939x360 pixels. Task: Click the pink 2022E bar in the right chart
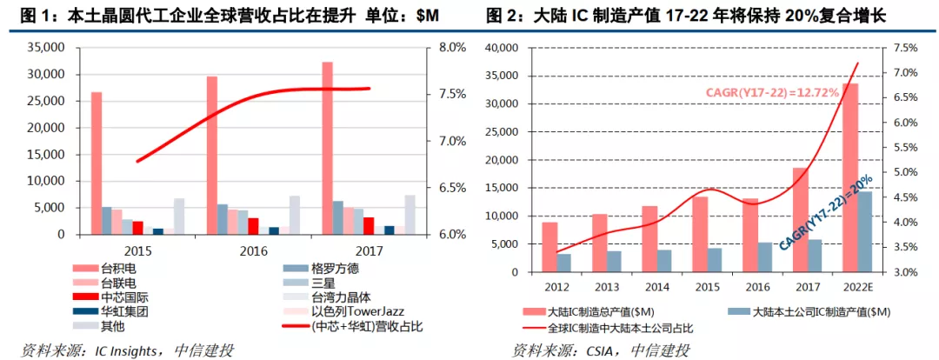[849, 177]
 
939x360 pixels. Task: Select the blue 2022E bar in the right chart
[865, 231]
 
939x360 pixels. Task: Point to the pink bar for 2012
[549, 247]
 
